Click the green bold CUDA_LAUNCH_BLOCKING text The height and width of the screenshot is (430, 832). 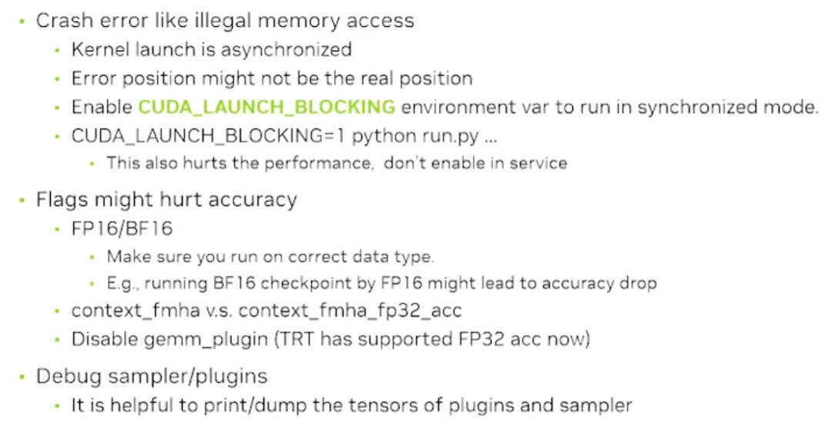point(266,107)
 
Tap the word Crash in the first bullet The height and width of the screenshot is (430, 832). point(60,21)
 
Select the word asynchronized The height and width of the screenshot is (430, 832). point(287,50)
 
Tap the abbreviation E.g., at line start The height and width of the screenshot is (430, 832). point(122,283)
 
